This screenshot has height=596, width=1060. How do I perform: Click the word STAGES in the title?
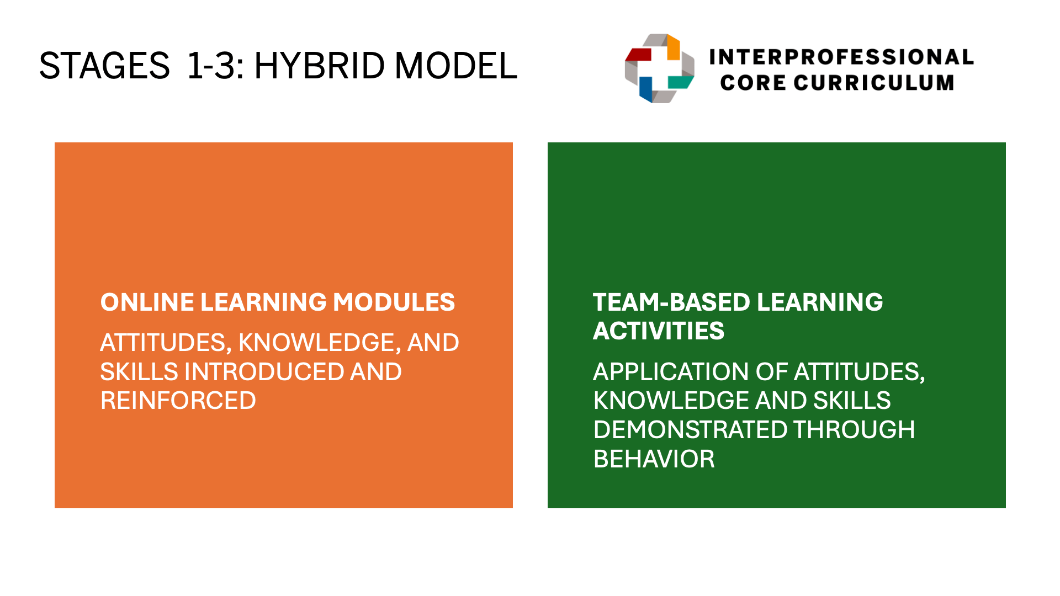104,66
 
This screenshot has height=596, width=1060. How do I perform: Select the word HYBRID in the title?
319,66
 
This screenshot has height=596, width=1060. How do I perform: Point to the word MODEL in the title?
456,66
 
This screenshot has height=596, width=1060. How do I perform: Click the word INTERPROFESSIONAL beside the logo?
841,57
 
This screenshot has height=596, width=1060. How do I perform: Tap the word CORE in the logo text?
753,83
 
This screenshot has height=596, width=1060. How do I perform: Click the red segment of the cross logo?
639,54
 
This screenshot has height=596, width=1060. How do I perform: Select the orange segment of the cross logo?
674,47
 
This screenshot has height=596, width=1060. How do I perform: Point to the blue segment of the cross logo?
646,89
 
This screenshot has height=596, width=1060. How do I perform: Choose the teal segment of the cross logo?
681,82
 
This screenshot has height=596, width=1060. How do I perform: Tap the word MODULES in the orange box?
394,302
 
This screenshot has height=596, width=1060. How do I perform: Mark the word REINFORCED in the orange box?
178,401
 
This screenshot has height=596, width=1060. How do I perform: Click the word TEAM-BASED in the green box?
672,302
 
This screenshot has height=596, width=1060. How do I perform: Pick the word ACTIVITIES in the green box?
659,331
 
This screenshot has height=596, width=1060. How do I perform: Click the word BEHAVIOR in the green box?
654,459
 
